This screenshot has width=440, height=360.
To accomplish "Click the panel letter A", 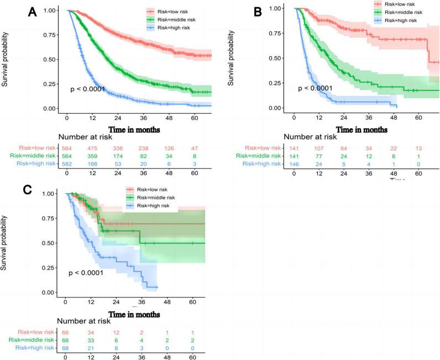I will (32, 13).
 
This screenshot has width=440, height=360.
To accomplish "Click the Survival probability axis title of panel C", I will (6, 243).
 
